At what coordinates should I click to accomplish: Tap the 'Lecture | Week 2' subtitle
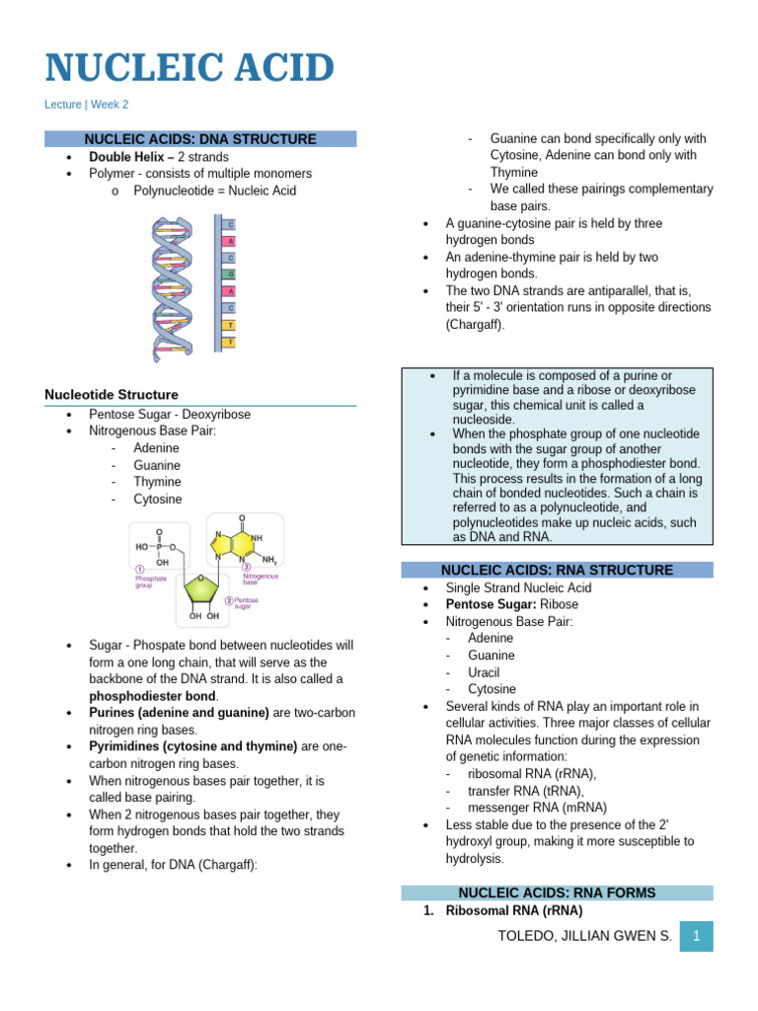87,104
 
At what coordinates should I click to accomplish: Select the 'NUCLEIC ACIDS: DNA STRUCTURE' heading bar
200,139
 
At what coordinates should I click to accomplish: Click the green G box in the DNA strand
231,274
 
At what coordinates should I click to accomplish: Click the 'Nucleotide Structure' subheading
112,395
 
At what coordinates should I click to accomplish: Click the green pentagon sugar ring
202,590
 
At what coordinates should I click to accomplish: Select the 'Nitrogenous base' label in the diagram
261,579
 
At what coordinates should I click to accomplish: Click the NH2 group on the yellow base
268,560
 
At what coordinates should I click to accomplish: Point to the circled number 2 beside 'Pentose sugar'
229,600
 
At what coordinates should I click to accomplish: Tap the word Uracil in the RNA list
484,671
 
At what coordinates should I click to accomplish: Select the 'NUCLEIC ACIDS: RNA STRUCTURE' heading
557,570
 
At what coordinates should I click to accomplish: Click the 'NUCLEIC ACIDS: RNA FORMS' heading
557,893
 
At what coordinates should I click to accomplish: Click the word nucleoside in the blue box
484,420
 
